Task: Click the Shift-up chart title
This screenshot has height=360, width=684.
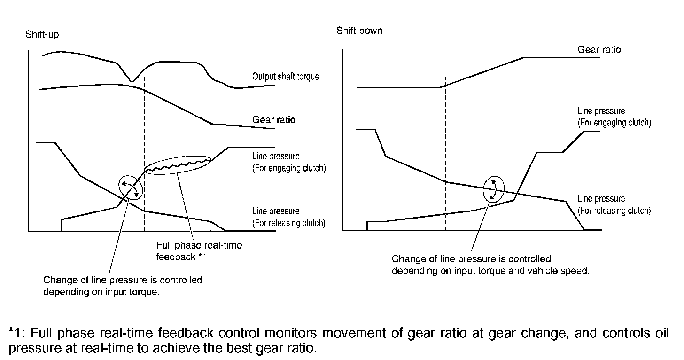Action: point(42,35)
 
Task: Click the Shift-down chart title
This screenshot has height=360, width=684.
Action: point(359,31)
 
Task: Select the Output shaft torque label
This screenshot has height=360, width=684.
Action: point(285,76)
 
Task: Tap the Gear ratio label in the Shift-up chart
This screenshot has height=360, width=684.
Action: point(274,120)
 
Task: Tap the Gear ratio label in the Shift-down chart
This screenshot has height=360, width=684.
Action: point(599,50)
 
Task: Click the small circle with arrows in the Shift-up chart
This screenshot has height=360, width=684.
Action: point(130,187)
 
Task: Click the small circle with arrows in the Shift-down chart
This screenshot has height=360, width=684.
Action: point(493,189)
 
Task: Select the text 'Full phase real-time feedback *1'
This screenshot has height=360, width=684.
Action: point(199,251)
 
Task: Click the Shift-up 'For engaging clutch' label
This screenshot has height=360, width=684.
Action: point(288,168)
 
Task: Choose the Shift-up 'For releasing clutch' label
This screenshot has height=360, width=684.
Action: point(288,223)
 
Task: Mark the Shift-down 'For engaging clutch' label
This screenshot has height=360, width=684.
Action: point(614,123)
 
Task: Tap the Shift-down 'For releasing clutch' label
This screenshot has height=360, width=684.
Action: point(614,211)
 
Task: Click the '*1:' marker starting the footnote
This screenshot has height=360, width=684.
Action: point(17,334)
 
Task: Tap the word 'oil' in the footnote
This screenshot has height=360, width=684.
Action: point(667,334)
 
